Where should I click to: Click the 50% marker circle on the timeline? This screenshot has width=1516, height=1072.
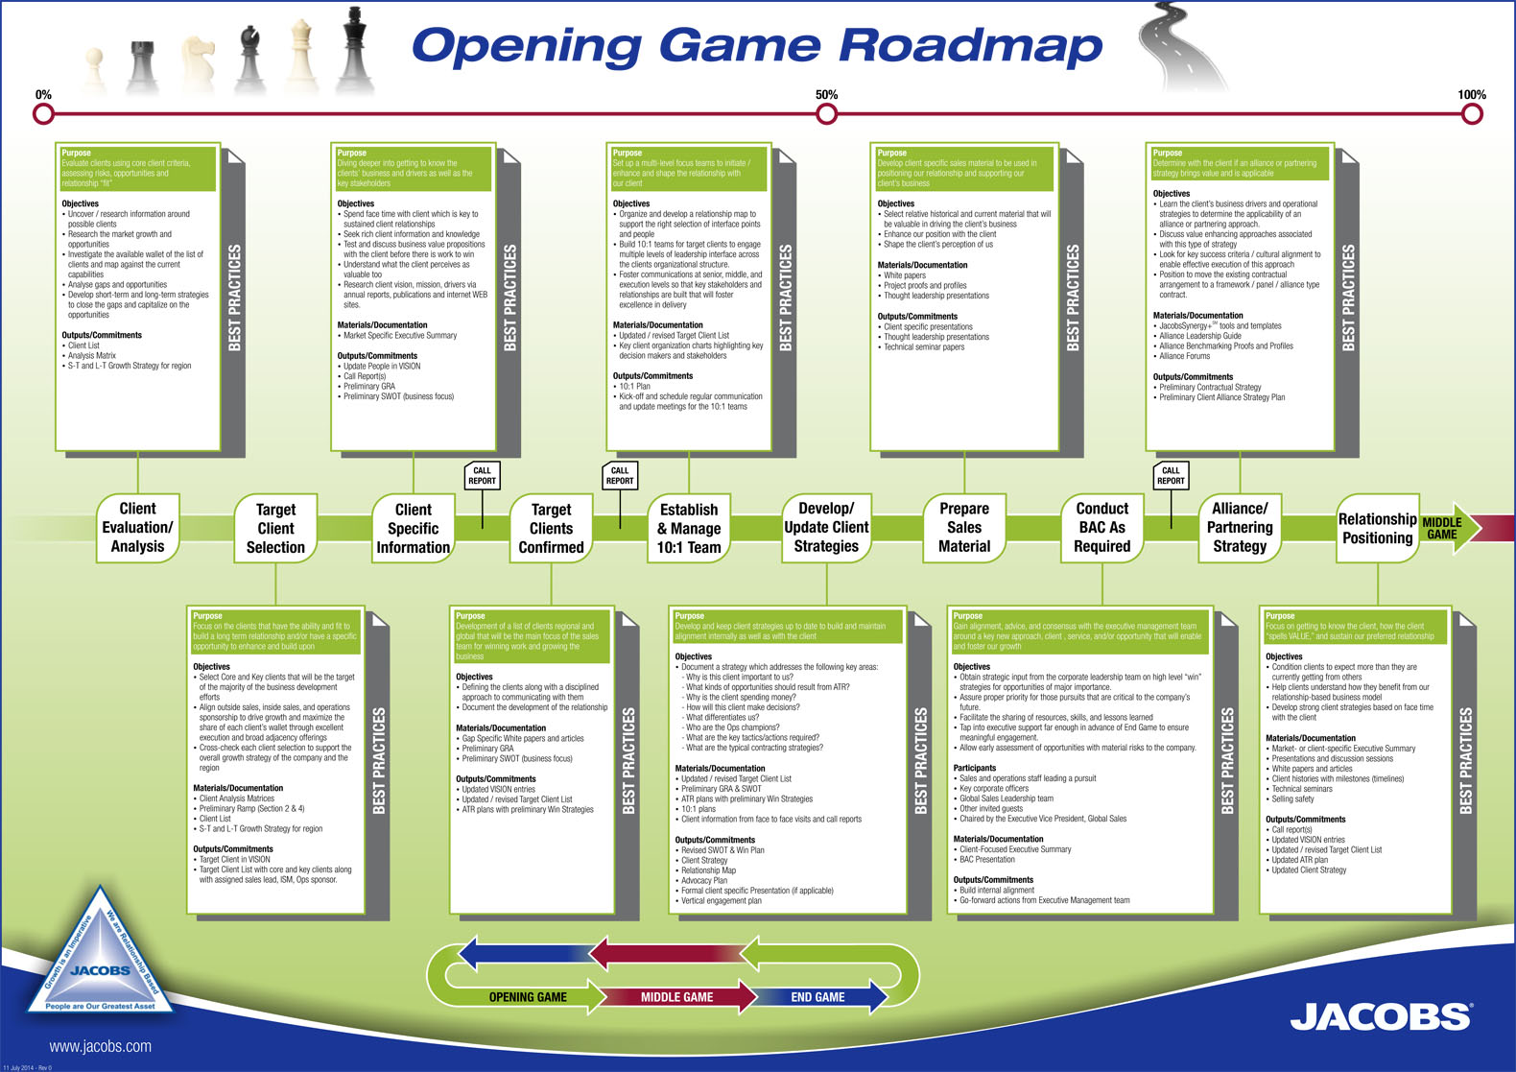pos(826,114)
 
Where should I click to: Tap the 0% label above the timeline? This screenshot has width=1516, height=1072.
pos(43,95)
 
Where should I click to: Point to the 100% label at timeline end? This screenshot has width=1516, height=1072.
pos(1471,95)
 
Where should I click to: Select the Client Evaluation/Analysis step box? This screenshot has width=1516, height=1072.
pos(137,528)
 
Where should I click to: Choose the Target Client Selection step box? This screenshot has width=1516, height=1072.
pos(275,529)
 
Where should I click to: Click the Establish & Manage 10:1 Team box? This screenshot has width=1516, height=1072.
pos(689,529)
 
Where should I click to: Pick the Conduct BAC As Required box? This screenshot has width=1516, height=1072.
pos(1101,528)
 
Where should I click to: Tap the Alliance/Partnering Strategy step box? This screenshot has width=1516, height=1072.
pos(1240,528)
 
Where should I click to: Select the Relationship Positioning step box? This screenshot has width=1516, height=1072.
pos(1377,529)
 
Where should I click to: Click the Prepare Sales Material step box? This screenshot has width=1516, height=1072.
pos(963,528)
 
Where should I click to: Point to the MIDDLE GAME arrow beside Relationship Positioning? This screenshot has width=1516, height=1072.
pos(1448,529)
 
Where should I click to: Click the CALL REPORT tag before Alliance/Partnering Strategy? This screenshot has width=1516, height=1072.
pos(1171,476)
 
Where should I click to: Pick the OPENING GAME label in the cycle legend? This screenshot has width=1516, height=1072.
pos(528,997)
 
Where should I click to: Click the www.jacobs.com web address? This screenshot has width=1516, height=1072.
pos(100,1046)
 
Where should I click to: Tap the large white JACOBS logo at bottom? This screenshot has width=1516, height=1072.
pos(1380,1016)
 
